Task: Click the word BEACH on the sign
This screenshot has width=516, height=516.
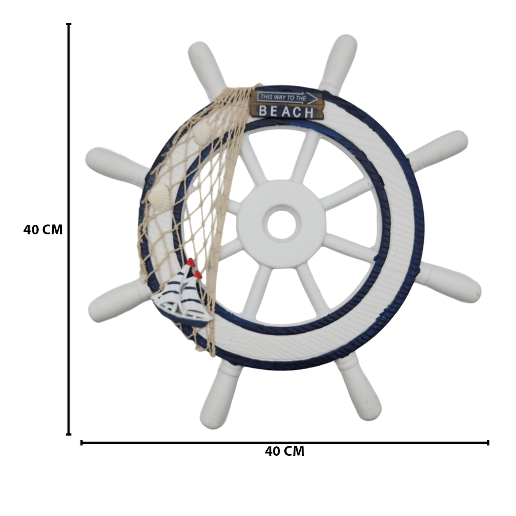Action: coord(286,111)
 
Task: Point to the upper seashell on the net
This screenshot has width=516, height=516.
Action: coord(203,132)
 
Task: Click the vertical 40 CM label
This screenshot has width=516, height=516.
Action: coord(43,230)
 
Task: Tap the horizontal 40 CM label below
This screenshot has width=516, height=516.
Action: coord(284,451)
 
